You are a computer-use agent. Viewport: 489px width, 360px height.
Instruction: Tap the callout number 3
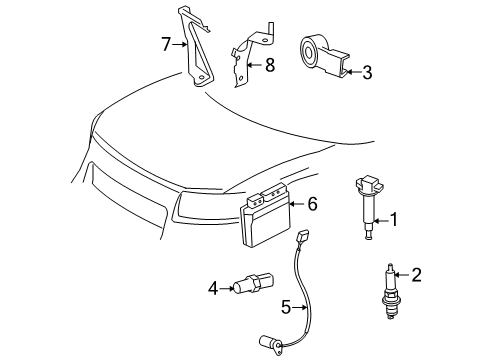pyautogui.click(x=367, y=72)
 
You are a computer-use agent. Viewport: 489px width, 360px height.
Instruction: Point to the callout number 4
pyautogui.click(x=213, y=289)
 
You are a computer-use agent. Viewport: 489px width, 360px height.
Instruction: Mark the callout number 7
pyautogui.click(x=168, y=44)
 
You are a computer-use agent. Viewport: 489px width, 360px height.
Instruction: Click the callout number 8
pyautogui.click(x=268, y=65)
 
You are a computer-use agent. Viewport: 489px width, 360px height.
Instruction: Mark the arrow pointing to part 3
pyautogui.click(x=352, y=72)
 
